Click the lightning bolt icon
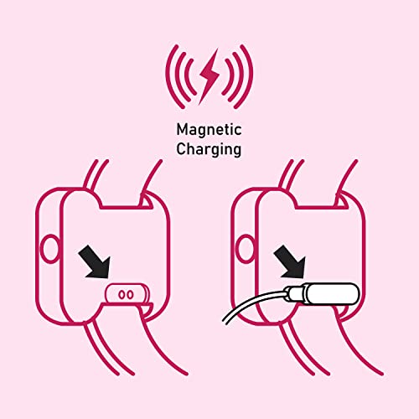(209, 76)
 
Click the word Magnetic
(209, 130)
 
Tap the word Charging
(209, 149)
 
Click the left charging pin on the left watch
(122, 294)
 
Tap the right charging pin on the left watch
(130, 294)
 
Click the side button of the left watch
(49, 249)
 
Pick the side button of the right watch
(246, 249)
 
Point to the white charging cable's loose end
(224, 321)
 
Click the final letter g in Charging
(237, 151)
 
